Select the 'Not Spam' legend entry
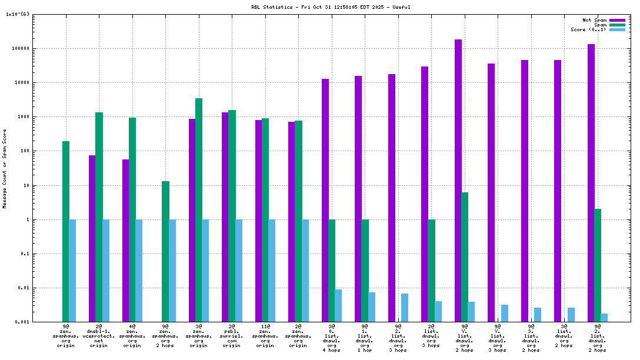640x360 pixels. pos(594,20)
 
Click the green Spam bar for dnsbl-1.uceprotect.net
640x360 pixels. pos(99,217)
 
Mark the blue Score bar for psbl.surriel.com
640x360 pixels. pos(239,271)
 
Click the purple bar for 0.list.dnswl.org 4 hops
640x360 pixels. pos(325,200)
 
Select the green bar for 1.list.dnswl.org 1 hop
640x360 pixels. pos(365,271)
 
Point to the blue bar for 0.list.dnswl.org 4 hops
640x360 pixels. pos(338,305)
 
